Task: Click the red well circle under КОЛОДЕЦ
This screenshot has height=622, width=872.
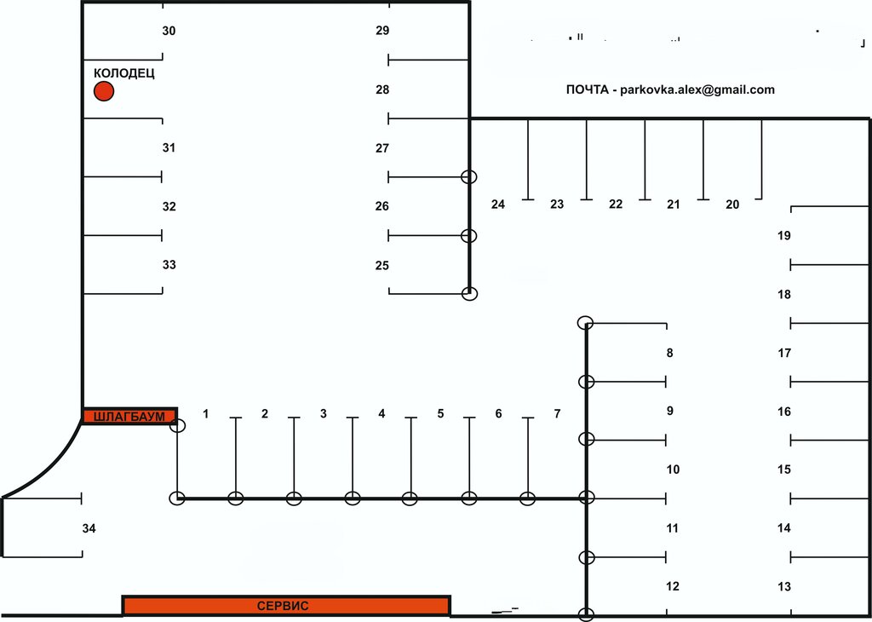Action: (x=104, y=91)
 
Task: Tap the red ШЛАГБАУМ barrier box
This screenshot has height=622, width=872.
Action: (x=129, y=416)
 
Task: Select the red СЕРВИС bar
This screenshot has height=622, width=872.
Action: (x=286, y=606)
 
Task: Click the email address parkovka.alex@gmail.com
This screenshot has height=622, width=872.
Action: (x=697, y=89)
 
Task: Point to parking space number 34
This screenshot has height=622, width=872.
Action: (x=89, y=528)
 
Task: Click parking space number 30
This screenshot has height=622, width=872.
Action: (x=169, y=31)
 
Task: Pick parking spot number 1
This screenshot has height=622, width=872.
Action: (x=206, y=414)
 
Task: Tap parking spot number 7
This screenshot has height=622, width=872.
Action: (x=557, y=414)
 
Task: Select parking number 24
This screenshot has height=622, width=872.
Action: (x=498, y=204)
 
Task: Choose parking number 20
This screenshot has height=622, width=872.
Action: (x=732, y=204)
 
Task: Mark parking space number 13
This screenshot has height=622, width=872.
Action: (x=784, y=586)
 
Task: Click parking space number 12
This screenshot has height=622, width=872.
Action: (x=673, y=586)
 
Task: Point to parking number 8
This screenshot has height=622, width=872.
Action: (x=670, y=353)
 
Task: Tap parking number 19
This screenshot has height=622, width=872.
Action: (x=784, y=235)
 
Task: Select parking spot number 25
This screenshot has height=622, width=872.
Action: (x=382, y=265)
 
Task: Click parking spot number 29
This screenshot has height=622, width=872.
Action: (x=382, y=31)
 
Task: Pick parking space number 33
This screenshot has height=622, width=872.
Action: (x=169, y=265)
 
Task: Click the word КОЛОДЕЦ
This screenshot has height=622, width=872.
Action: (x=124, y=73)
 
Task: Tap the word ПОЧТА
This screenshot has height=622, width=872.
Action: (x=588, y=89)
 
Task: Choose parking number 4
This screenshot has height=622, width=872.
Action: (x=381, y=414)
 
